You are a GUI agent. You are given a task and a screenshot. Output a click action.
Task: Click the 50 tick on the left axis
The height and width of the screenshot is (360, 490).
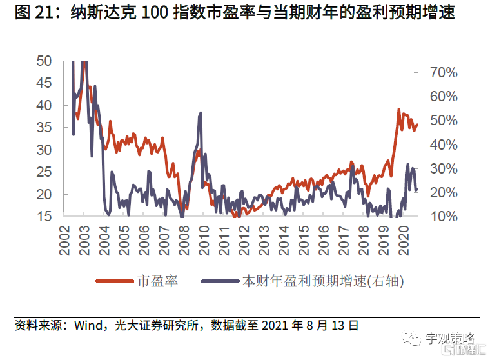(44, 61)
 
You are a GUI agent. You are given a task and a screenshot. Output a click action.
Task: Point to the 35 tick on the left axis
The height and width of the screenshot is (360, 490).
(44, 127)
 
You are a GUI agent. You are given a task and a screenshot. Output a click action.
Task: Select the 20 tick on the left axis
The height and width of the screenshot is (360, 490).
(44, 194)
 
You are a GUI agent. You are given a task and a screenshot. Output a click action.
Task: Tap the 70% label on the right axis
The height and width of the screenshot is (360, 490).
(444, 72)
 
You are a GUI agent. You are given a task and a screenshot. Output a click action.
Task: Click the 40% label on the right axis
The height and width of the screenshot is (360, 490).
(444, 145)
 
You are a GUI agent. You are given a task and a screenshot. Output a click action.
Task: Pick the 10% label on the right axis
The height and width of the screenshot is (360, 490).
(444, 216)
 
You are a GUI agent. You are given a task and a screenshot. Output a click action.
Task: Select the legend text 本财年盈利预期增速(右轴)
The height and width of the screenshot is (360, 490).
(326, 281)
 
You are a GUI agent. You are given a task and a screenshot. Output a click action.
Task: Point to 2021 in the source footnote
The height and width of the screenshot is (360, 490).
(275, 326)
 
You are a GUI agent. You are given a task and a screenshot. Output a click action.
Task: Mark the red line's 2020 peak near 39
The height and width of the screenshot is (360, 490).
(398, 110)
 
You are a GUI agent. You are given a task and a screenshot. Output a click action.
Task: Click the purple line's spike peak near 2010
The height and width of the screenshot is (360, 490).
(201, 113)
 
